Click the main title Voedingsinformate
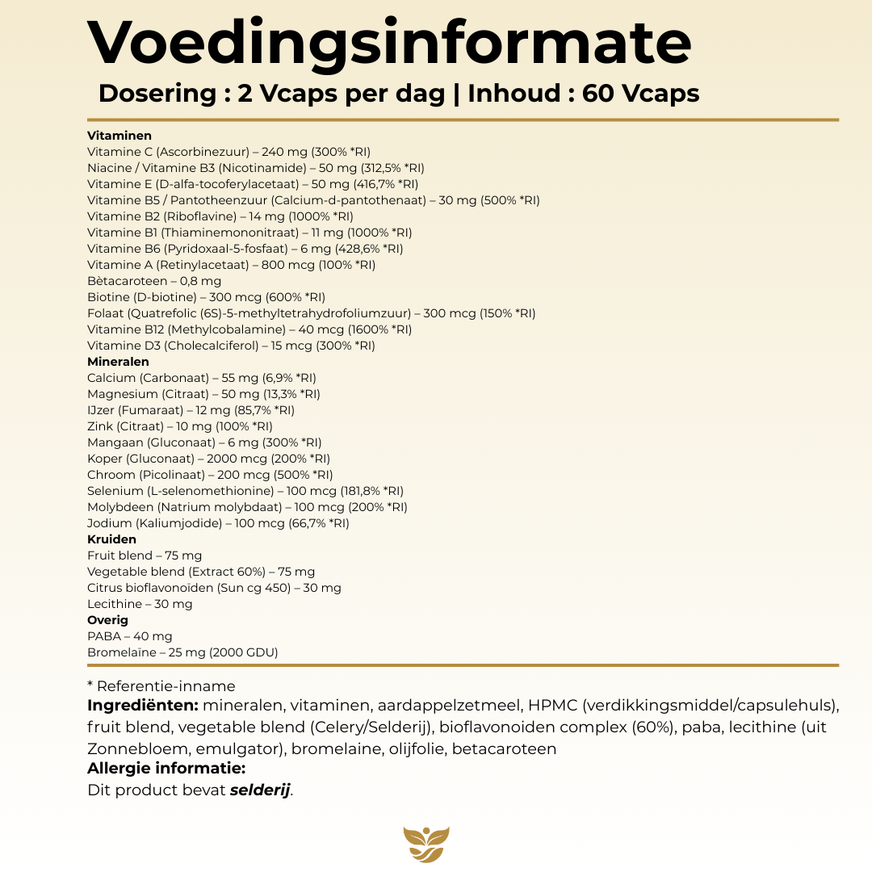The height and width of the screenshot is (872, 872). point(389,42)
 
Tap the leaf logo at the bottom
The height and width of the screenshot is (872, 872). point(426,845)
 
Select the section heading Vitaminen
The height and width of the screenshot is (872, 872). point(119,136)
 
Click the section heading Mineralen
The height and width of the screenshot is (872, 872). point(118,362)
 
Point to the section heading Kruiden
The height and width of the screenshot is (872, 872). point(111,539)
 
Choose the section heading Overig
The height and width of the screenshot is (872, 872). point(107,620)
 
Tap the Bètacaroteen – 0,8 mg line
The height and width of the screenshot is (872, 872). point(154,281)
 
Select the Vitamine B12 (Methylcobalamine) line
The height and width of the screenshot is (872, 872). point(249,329)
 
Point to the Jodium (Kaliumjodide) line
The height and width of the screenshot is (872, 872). point(218,523)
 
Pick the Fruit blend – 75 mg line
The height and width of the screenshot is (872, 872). point(145,555)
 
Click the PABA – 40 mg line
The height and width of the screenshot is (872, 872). point(130,636)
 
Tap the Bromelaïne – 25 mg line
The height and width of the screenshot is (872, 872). point(182,652)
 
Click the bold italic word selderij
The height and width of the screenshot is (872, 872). point(260,790)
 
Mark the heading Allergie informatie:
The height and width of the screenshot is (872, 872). point(166,769)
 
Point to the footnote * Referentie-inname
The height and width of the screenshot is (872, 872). point(161,686)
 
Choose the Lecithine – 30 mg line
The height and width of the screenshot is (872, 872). point(140,604)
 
